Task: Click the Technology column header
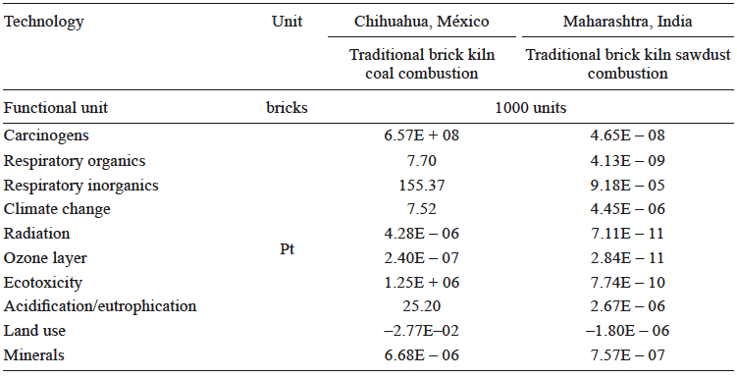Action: pos(44,22)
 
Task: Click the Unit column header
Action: pos(287,22)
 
